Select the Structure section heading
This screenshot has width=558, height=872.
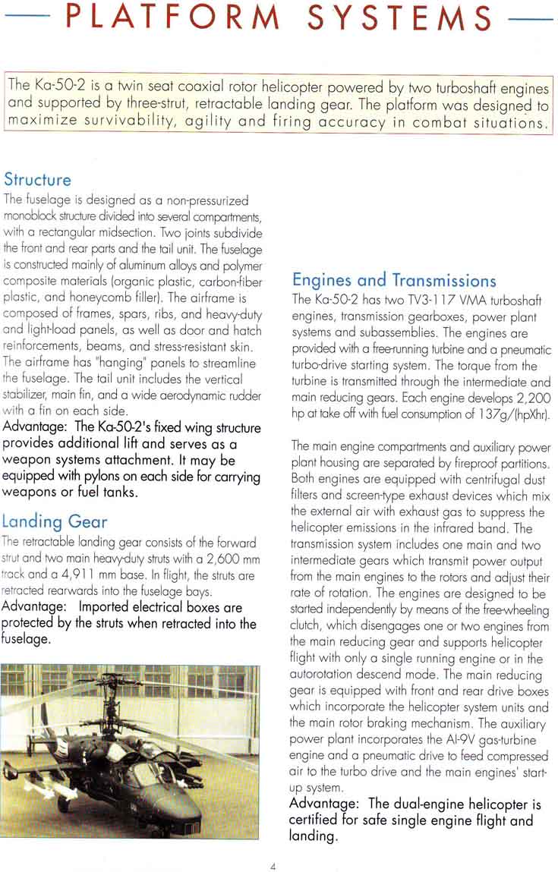37,181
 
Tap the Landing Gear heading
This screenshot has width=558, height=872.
54,521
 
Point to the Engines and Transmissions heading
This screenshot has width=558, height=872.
394,280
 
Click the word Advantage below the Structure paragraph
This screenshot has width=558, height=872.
34,428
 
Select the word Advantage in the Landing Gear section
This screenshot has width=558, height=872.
34,607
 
